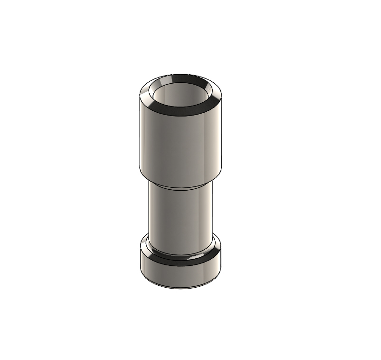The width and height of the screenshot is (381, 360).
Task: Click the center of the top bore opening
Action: click(181, 95)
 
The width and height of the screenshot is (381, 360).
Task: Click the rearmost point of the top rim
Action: click(181, 74)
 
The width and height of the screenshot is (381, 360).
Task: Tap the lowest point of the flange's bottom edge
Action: click(181, 289)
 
